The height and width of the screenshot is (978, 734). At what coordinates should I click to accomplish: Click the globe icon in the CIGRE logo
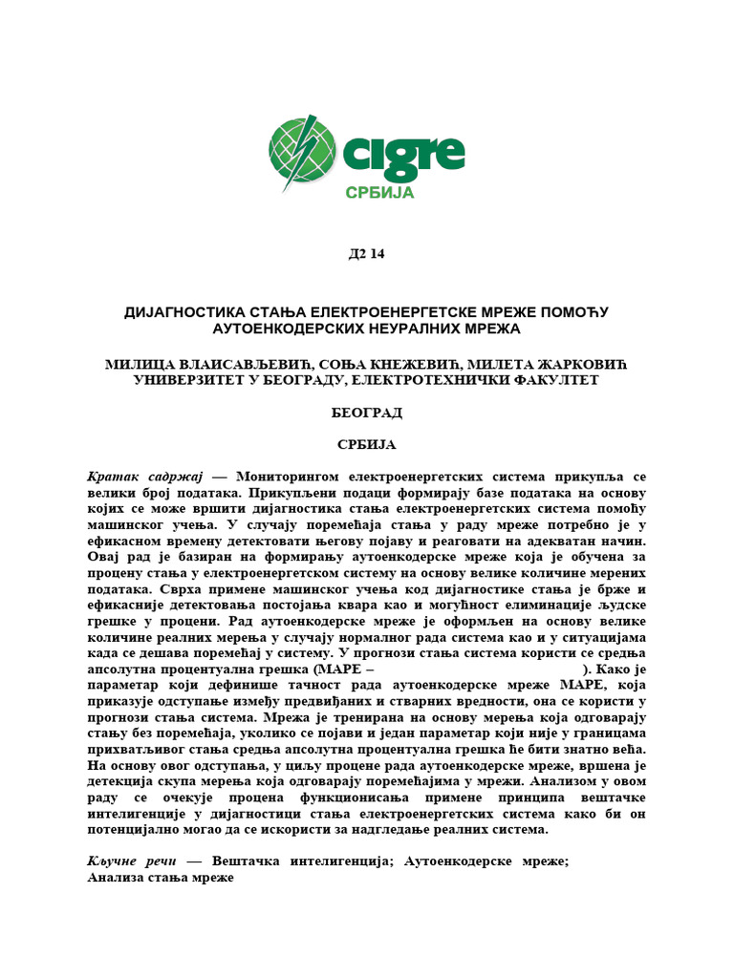tap(302, 153)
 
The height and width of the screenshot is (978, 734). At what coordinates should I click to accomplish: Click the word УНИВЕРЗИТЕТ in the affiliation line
tap(187, 380)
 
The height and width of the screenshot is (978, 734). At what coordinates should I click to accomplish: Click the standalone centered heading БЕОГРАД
tap(366, 413)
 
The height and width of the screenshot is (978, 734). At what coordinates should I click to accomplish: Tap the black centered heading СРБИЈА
tap(366, 445)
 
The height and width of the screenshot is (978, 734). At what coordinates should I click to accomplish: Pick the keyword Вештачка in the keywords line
tap(249, 861)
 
